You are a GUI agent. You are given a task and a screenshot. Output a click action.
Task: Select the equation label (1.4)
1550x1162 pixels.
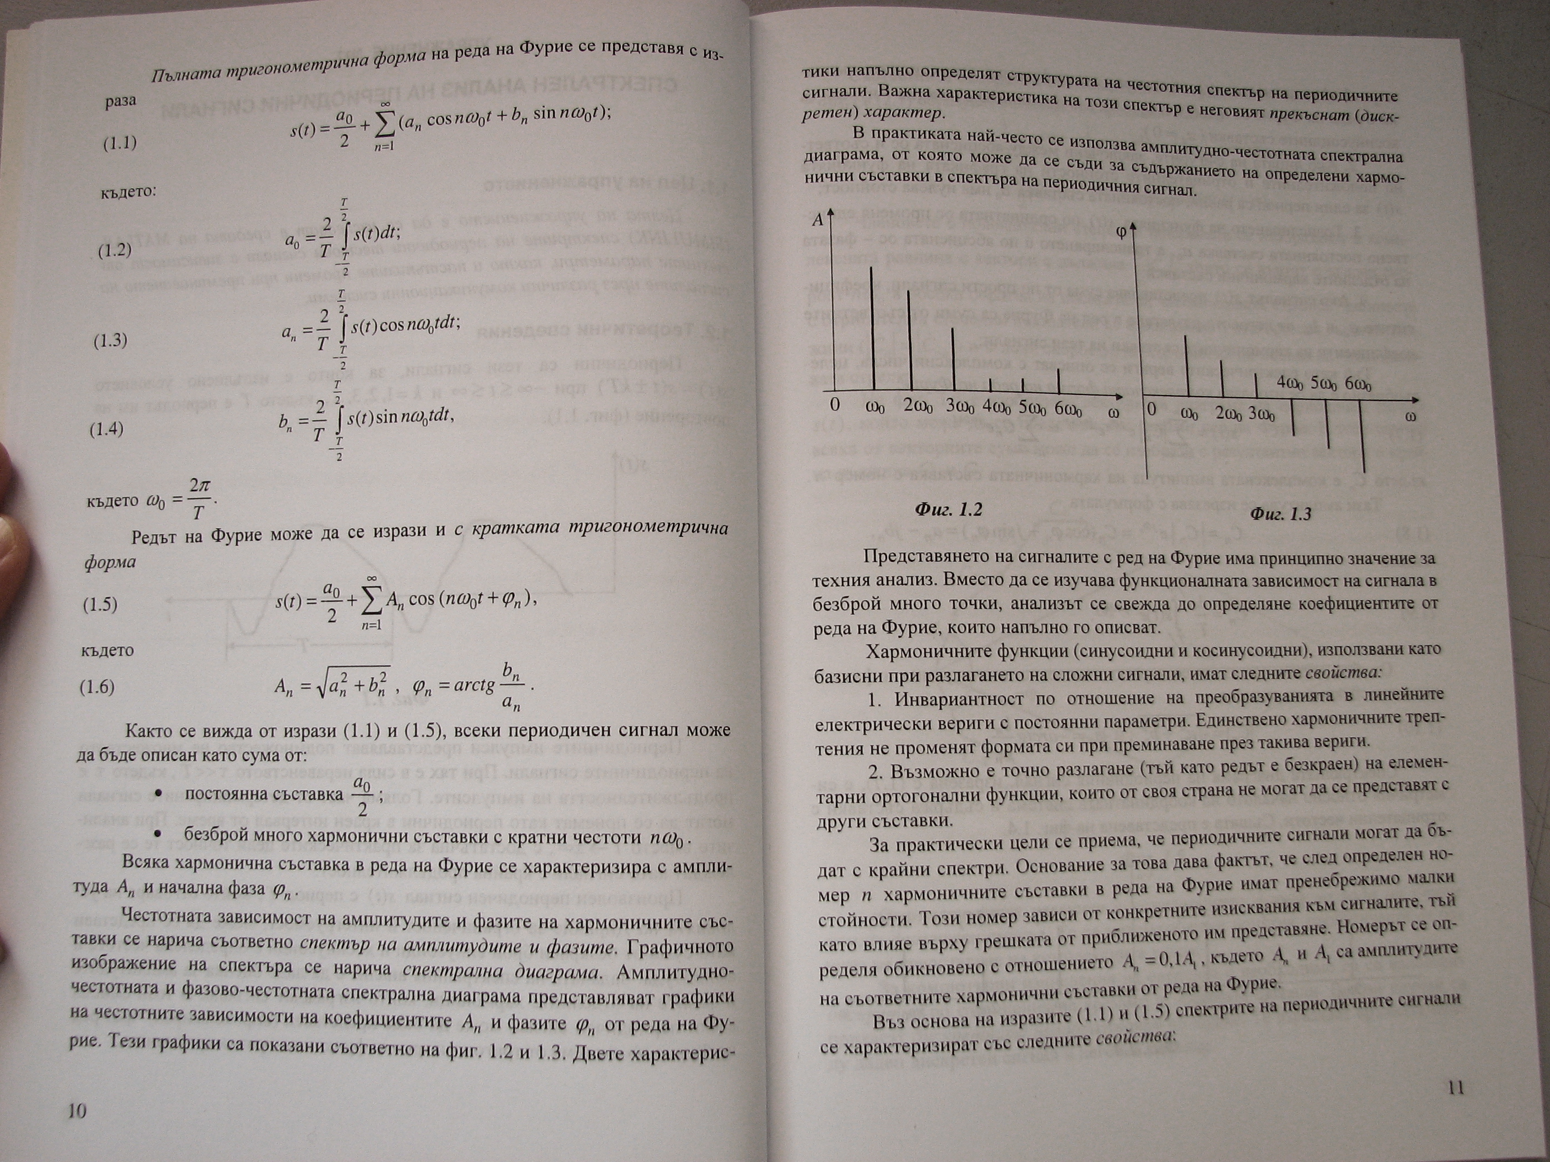pyautogui.click(x=107, y=429)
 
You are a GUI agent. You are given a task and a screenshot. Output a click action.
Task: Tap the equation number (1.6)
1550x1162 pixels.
pyautogui.click(x=97, y=687)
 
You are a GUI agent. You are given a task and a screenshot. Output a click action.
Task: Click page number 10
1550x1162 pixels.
pyautogui.click(x=77, y=1110)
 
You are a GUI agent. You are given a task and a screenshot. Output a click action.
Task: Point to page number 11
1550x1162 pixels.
pyautogui.click(x=1456, y=1087)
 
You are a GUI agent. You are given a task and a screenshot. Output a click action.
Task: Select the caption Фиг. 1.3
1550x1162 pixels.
pyautogui.click(x=1280, y=514)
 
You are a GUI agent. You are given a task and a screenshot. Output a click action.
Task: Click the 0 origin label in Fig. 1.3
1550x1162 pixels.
pyautogui.click(x=1152, y=410)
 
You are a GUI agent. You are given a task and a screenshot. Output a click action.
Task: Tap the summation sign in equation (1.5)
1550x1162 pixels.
pyautogui.click(x=372, y=602)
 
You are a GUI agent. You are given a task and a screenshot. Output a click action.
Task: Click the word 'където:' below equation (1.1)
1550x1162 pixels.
pyautogui.click(x=128, y=191)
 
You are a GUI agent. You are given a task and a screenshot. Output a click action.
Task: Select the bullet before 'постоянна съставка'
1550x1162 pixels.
pyautogui.click(x=159, y=793)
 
